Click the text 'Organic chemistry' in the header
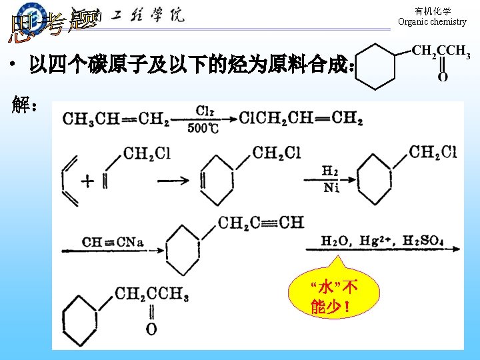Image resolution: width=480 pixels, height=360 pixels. (432, 22)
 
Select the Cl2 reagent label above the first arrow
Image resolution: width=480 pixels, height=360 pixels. (205, 111)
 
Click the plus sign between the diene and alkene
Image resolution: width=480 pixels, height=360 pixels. (88, 180)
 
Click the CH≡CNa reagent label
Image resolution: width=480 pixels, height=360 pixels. (113, 241)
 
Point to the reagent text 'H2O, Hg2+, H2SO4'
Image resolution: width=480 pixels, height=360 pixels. (382, 240)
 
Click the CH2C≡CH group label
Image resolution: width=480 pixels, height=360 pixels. (261, 222)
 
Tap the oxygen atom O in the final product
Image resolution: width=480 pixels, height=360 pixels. (151, 329)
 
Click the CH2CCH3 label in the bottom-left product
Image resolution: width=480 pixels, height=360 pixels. (151, 294)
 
